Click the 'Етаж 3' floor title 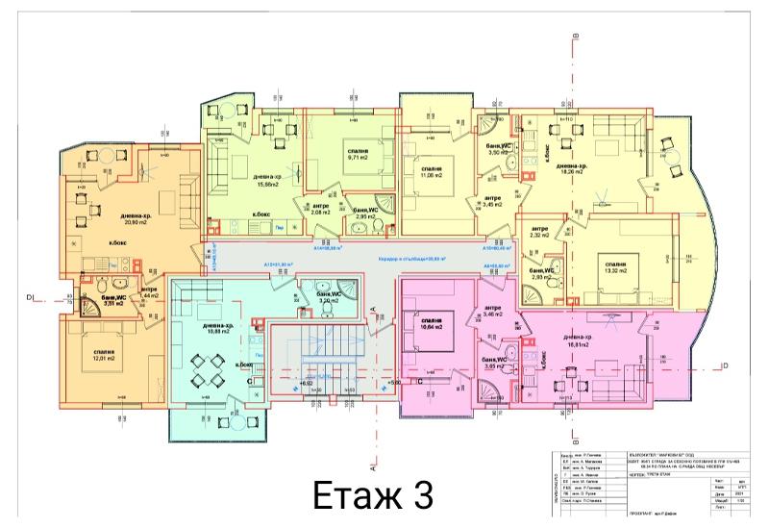tap(373, 496)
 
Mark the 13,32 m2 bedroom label tap(615, 268)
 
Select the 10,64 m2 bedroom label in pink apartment tap(430, 324)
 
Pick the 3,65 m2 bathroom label tap(495, 363)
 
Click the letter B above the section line tap(574, 35)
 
